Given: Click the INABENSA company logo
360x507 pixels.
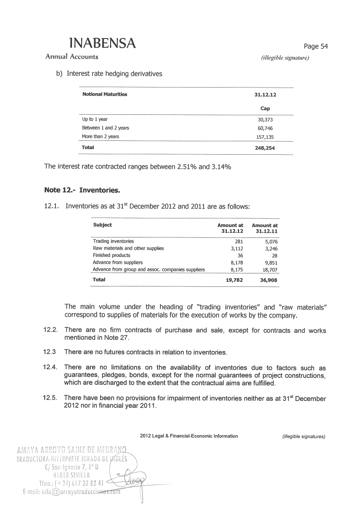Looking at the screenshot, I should pos(102,43).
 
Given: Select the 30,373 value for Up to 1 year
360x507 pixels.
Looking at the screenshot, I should pos(265,119).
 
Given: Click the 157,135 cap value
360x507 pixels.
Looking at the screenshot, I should pos(265,136).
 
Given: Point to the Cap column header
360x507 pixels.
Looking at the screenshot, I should pos(265,108).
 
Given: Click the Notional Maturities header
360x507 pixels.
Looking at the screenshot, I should pos(105,94).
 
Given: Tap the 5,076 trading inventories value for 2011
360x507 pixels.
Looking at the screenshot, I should pos(269,241).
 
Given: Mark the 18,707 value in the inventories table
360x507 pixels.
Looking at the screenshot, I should pos(269,270).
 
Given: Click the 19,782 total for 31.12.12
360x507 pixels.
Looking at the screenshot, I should pos(234,280).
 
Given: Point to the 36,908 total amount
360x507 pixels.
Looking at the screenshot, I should pos(268,280).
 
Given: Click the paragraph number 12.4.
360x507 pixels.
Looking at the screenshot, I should pos(51,368).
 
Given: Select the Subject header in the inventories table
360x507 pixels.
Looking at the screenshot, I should pos(102,225).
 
